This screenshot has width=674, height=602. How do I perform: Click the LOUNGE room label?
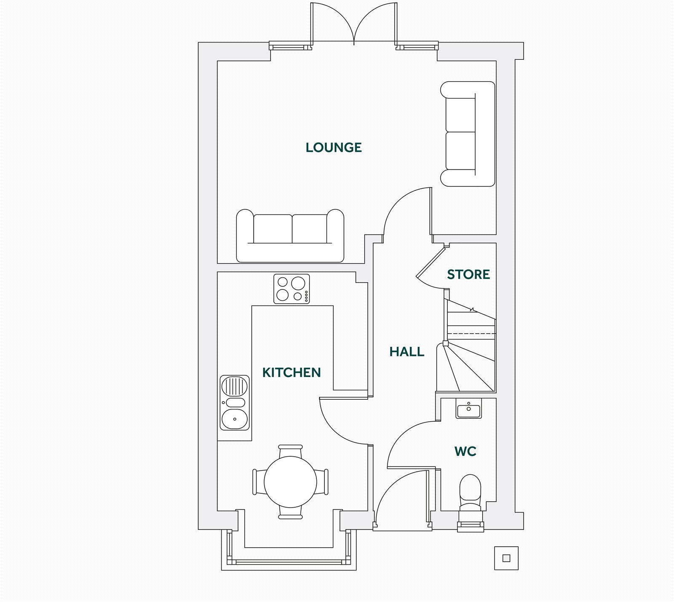click(x=334, y=147)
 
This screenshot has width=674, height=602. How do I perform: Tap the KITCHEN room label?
click(x=292, y=372)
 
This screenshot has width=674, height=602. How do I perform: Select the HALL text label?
click(x=407, y=352)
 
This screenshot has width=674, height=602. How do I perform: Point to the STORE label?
click(x=468, y=275)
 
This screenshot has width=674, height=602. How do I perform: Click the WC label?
click(x=465, y=452)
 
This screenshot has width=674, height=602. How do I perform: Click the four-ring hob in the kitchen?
click(x=292, y=289)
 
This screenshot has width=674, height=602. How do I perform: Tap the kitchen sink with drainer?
click(x=235, y=403)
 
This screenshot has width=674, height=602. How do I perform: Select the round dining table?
click(x=290, y=482)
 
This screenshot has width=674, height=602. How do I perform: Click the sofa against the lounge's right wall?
click(x=468, y=134)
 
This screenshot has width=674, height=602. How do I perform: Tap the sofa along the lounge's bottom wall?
click(x=290, y=236)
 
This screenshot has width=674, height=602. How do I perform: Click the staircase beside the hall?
click(x=468, y=345)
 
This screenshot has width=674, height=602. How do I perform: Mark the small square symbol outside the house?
click(x=506, y=558)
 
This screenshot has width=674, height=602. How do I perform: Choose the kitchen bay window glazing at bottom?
click(x=289, y=562)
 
